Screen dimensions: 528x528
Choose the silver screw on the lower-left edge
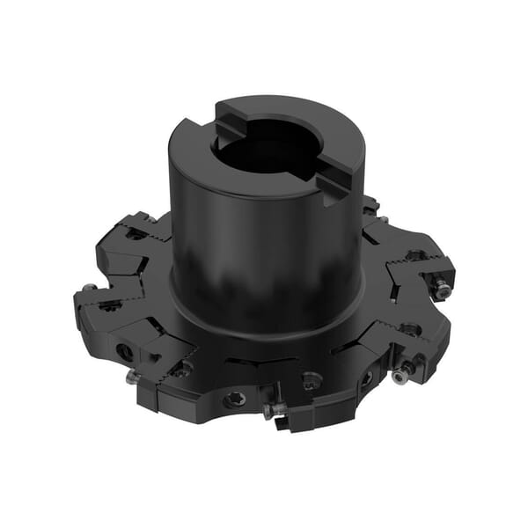(131, 376)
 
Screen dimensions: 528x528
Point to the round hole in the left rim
(128, 349)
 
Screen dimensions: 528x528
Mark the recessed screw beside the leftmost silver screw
(111, 305)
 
